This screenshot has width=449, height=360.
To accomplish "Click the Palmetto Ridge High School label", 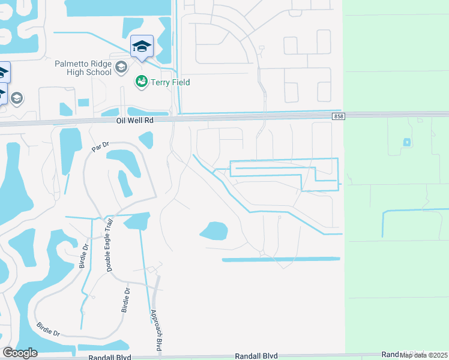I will [x=83, y=67].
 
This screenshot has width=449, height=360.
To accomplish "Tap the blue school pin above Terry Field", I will [x=142, y=47].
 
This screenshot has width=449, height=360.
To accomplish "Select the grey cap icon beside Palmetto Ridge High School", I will [x=121, y=67].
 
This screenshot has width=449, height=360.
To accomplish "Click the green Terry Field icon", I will [x=142, y=81].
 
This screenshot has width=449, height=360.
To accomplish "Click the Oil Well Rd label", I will [x=135, y=120].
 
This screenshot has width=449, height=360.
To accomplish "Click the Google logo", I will [x=20, y=353].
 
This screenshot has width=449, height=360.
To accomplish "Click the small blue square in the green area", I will [x=407, y=142].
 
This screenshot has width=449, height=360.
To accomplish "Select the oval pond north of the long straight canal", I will [x=214, y=231].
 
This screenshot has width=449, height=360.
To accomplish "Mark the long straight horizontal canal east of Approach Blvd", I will [x=281, y=259].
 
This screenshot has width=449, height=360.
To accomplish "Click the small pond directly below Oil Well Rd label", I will [x=146, y=140].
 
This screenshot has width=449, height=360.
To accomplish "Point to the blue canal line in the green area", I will [x=414, y=211].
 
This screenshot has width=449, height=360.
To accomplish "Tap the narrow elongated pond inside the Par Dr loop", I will [x=125, y=183].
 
